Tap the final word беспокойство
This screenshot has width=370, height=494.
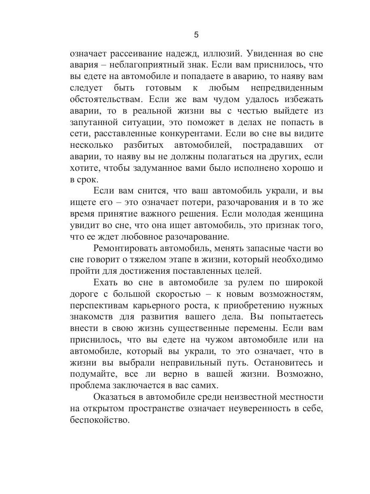point(99,420)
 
